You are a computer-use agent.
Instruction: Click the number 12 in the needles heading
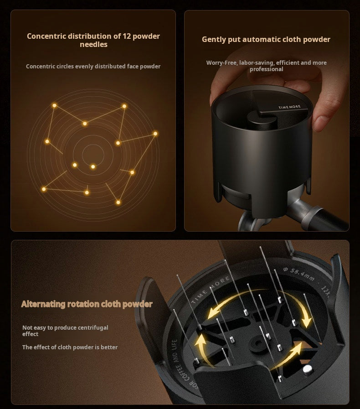click(x=126, y=36)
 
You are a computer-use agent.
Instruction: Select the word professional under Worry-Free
click(x=267, y=69)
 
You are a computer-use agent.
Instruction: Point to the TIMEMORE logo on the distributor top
click(x=289, y=107)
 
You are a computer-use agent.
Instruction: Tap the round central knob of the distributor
click(x=262, y=121)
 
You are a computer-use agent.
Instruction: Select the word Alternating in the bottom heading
click(x=43, y=304)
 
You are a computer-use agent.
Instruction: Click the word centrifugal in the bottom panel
click(x=93, y=328)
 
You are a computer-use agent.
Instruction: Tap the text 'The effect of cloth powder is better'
click(x=70, y=347)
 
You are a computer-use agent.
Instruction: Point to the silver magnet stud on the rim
click(x=308, y=370)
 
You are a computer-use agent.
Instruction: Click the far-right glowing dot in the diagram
click(x=155, y=134)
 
